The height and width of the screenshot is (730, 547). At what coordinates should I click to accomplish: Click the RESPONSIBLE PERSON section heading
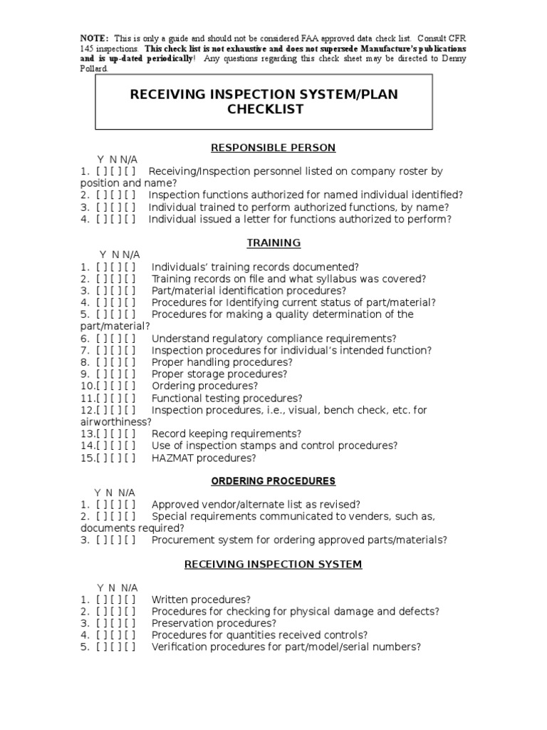pos(273,148)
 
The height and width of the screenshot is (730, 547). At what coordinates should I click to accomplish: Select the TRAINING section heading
pos(273,243)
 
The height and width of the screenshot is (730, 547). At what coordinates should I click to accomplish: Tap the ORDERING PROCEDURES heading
pos(273,481)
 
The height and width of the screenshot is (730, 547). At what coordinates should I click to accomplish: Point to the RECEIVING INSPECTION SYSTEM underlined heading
pos(273,564)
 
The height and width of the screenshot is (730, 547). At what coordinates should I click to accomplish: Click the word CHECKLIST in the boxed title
pos(265,109)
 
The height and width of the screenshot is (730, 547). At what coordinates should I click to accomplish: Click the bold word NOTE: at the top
pos(94,38)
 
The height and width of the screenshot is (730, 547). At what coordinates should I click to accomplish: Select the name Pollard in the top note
pos(95,69)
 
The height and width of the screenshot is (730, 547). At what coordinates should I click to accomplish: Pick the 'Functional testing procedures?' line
pos(226,399)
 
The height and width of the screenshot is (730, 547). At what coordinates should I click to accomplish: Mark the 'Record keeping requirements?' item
pos(226,433)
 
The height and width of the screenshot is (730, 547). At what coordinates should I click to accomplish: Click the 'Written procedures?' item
pos(201,600)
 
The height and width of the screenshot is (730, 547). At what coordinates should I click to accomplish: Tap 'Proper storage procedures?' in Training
pos(219,374)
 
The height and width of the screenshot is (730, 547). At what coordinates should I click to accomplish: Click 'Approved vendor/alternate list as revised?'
pos(256,504)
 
